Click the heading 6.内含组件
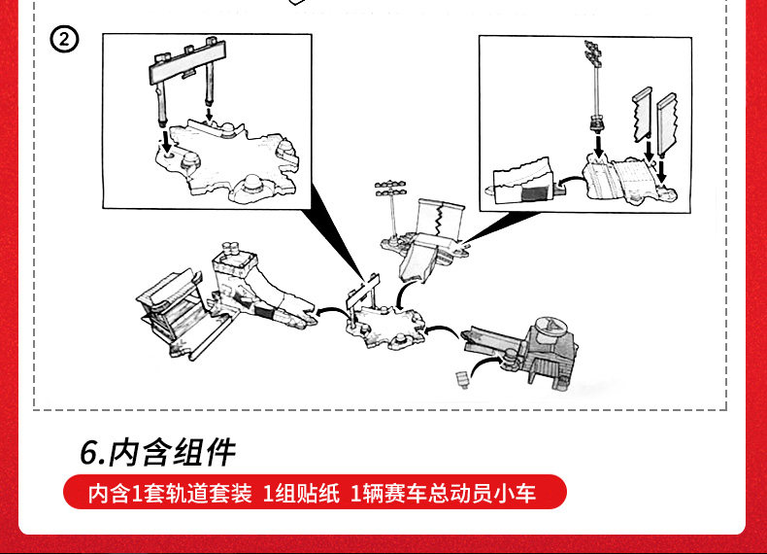[x=157, y=453]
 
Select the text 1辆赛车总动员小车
[x=443, y=493]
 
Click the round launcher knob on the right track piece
[x=548, y=328]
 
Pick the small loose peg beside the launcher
[x=460, y=376]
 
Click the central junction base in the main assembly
[x=388, y=321]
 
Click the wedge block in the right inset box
[x=520, y=184]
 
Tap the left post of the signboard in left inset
[x=160, y=102]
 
